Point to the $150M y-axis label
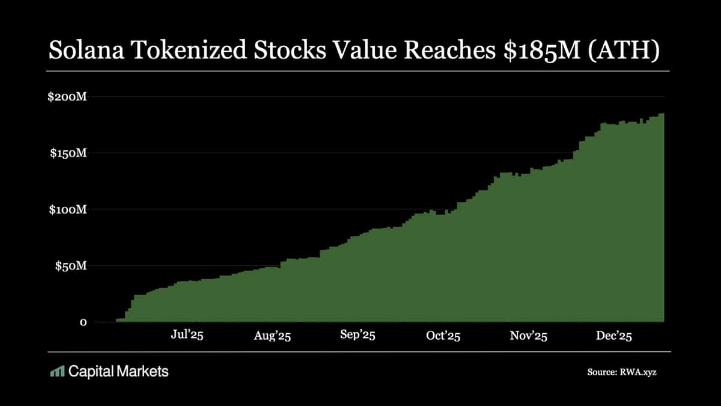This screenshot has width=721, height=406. [68, 153]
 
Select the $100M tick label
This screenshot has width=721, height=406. [68, 210]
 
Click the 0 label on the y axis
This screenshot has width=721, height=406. [84, 322]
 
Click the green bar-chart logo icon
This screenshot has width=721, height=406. [57, 372]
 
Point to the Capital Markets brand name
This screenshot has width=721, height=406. [118, 372]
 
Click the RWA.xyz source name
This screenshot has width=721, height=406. [643, 373]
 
